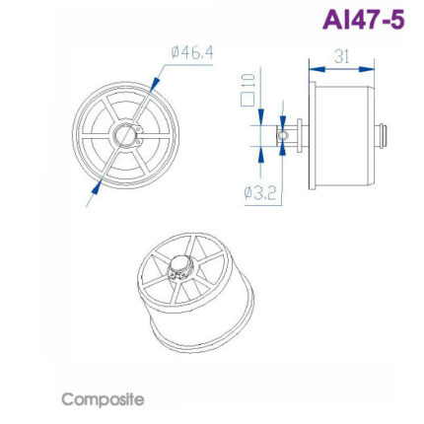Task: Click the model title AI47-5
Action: [x=362, y=19]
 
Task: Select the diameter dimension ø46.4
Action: [x=192, y=51]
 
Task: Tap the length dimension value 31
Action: [x=342, y=55]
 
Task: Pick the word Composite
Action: [x=103, y=399]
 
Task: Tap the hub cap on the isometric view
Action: [x=180, y=265]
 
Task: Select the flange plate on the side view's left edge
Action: [x=310, y=134]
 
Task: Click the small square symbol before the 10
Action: [x=247, y=99]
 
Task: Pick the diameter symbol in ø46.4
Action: [x=177, y=51]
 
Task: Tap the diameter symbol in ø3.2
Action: [x=248, y=191]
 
